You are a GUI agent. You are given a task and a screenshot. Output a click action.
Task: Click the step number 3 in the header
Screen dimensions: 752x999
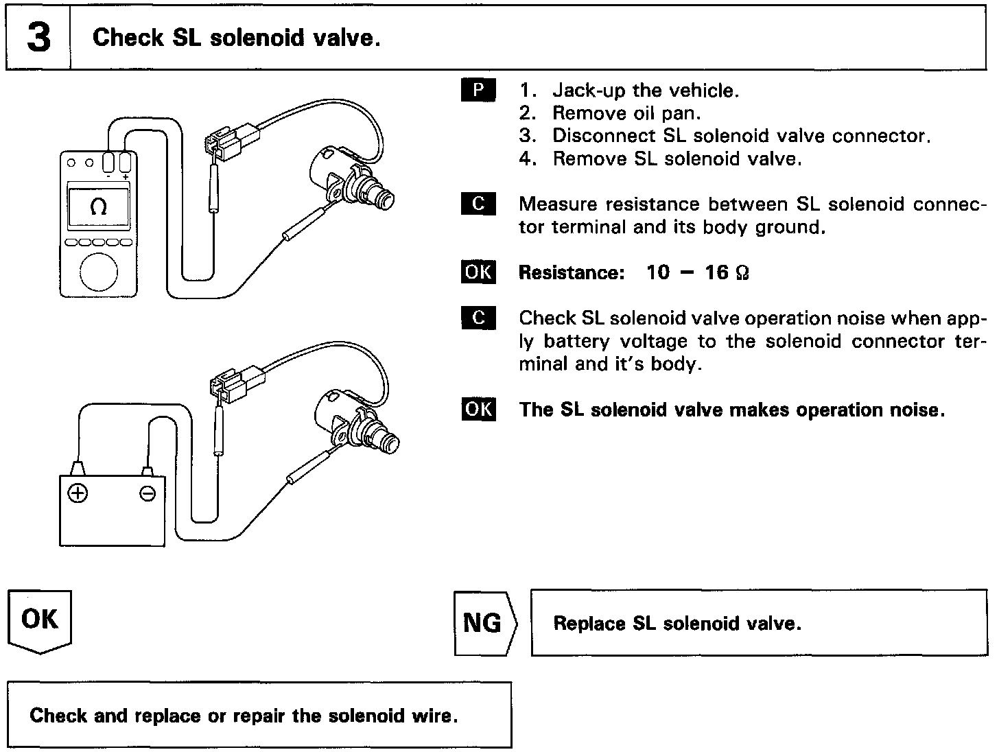tap(38, 38)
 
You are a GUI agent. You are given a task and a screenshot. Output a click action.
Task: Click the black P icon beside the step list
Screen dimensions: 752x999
tap(478, 91)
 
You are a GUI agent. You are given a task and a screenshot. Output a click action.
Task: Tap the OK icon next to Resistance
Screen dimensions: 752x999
tap(478, 272)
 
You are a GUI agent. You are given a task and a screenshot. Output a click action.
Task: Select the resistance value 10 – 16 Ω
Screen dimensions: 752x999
tap(697, 273)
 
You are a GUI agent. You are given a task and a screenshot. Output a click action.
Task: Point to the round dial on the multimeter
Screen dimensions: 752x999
tap(99, 272)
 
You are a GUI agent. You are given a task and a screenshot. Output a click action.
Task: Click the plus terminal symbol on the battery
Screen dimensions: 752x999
tap(78, 493)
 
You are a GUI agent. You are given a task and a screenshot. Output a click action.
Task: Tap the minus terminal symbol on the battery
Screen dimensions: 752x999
tap(148, 493)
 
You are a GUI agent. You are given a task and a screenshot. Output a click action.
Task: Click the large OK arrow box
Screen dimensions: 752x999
tap(40, 621)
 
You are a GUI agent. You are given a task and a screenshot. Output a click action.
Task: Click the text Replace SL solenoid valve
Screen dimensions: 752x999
tap(677, 624)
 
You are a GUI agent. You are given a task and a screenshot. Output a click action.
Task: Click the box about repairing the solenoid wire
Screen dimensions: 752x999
tap(259, 715)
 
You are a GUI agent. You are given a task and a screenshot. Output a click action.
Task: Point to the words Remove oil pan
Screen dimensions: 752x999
tap(626, 113)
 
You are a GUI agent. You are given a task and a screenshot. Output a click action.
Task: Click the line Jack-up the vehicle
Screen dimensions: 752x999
tap(645, 91)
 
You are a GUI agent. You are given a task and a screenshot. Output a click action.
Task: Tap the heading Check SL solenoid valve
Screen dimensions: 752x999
tap(236, 38)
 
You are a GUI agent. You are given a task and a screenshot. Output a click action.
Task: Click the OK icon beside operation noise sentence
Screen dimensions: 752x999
tap(478, 410)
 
